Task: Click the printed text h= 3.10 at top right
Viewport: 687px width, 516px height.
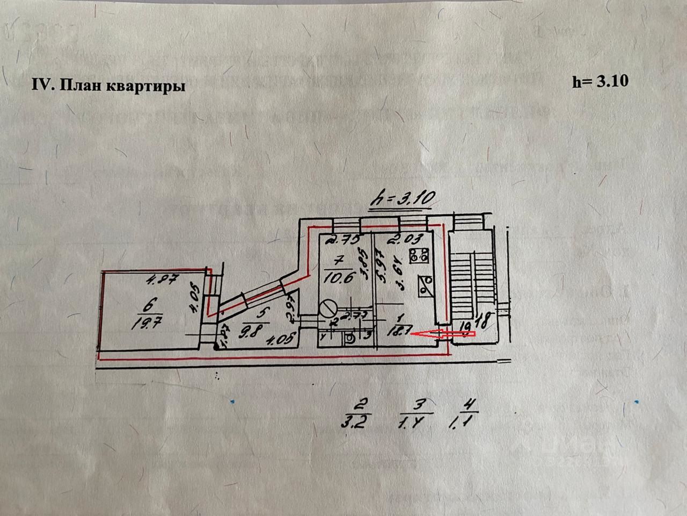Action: tap(600, 82)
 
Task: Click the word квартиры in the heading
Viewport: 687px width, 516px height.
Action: tap(150, 86)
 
